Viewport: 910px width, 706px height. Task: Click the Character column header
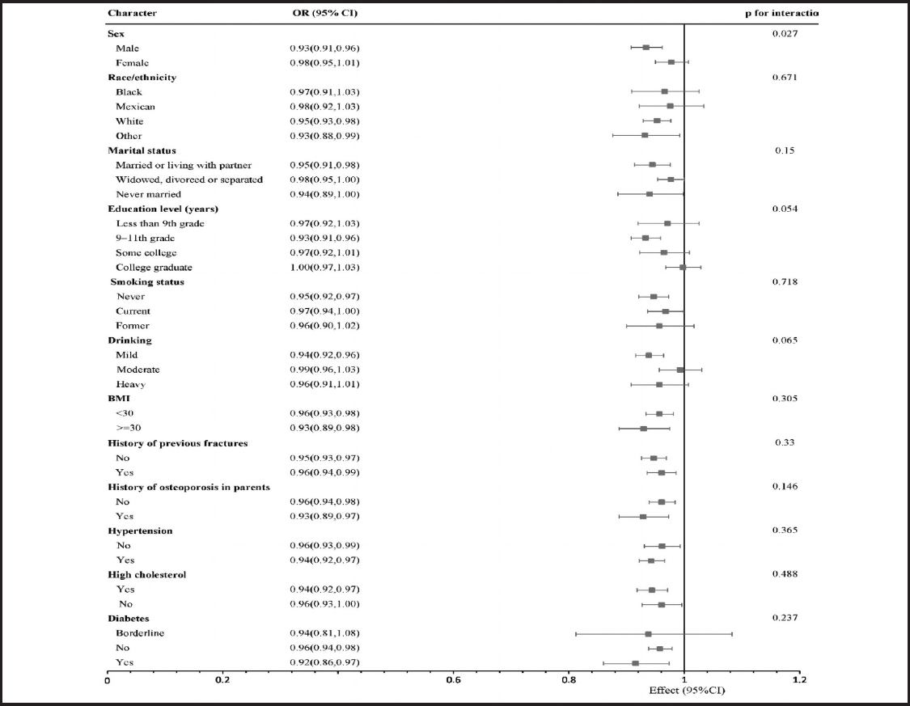(133, 13)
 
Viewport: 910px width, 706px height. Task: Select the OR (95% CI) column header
(325, 13)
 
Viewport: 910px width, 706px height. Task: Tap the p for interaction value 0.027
(785, 34)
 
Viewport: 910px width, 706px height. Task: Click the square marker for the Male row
(646, 48)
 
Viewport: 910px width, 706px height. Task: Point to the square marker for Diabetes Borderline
(648, 634)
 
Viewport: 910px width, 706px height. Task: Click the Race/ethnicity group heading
(142, 77)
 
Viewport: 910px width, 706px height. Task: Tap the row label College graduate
(154, 268)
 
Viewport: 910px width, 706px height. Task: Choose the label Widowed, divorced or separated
(189, 180)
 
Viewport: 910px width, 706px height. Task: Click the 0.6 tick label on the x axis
(453, 680)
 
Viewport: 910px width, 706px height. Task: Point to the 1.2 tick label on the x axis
(800, 680)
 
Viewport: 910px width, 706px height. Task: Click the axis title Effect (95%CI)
(687, 691)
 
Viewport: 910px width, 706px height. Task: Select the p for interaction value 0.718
(785, 282)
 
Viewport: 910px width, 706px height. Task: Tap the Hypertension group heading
(140, 531)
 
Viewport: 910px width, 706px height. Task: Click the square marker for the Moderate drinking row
(680, 370)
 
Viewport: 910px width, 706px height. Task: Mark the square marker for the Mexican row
(671, 106)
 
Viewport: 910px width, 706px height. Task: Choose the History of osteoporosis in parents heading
(188, 488)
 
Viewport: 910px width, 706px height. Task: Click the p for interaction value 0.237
(785, 618)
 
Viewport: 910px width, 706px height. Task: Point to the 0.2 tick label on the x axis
(222, 680)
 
